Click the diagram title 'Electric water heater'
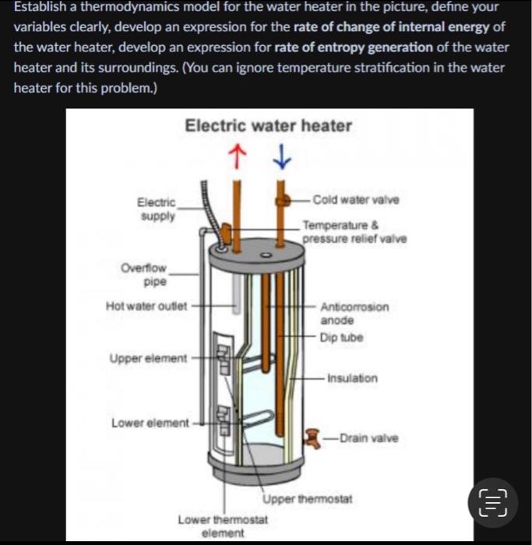(x=268, y=125)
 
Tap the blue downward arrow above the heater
(x=282, y=159)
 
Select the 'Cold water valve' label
(x=355, y=200)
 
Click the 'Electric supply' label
(x=156, y=209)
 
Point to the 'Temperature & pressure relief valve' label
(x=354, y=231)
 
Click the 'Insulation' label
(x=352, y=378)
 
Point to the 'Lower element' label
(x=150, y=423)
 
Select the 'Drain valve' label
(x=368, y=438)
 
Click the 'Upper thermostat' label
(x=308, y=498)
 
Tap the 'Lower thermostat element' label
(x=223, y=526)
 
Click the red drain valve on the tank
(x=314, y=438)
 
